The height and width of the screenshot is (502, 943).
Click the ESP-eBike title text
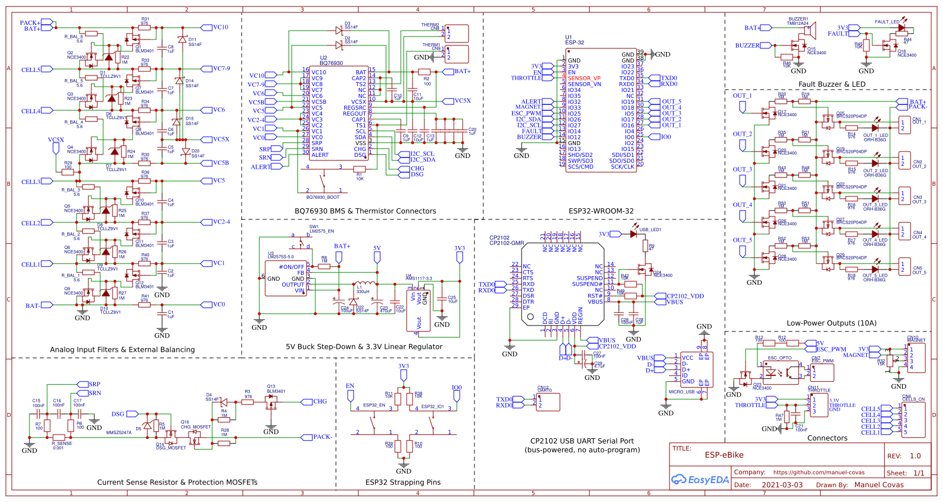click(724, 455)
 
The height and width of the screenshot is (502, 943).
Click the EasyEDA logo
click(700, 480)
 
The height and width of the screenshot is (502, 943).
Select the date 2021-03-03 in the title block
click(782, 485)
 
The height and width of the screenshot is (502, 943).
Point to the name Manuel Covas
click(879, 485)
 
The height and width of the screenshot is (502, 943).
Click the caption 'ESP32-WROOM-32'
click(601, 211)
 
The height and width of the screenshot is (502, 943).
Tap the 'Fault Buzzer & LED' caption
click(832, 84)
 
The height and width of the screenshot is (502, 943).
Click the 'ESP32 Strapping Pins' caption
click(403, 483)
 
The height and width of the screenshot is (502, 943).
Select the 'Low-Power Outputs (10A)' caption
click(831, 323)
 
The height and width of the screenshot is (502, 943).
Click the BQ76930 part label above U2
click(331, 63)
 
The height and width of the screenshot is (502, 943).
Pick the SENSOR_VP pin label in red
click(583, 78)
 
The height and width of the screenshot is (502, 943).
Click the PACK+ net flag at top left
click(29, 22)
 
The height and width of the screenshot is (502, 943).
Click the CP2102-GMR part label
click(506, 243)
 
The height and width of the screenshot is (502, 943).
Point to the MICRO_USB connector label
click(681, 392)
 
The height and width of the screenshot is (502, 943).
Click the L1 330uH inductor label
click(362, 289)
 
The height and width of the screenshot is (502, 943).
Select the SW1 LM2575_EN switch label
click(321, 229)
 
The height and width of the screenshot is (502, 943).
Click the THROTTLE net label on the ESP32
click(526, 78)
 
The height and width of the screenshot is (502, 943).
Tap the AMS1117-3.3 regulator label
click(418, 278)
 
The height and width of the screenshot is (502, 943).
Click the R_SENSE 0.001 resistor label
click(61, 445)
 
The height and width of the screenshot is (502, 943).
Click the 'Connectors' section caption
click(827, 438)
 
